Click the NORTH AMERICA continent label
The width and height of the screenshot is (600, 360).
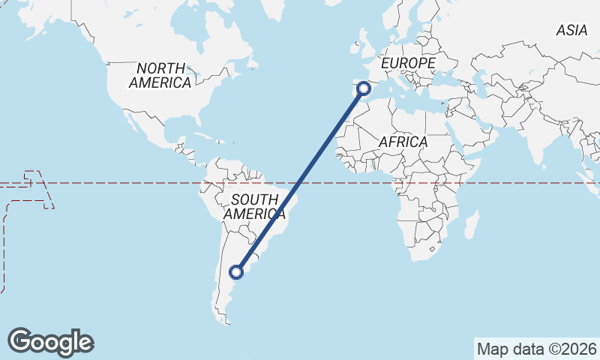click(160, 75)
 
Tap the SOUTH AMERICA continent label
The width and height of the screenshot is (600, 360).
click(255, 206)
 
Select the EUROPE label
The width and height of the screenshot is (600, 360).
click(408, 64)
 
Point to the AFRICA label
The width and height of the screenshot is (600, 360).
click(403, 142)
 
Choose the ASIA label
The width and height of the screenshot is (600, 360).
click(571, 31)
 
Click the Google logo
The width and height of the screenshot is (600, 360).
click(50, 341)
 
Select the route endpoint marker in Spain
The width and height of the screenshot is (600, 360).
click(364, 88)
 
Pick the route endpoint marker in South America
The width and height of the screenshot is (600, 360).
click(237, 271)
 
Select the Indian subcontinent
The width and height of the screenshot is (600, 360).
click(540, 139)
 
